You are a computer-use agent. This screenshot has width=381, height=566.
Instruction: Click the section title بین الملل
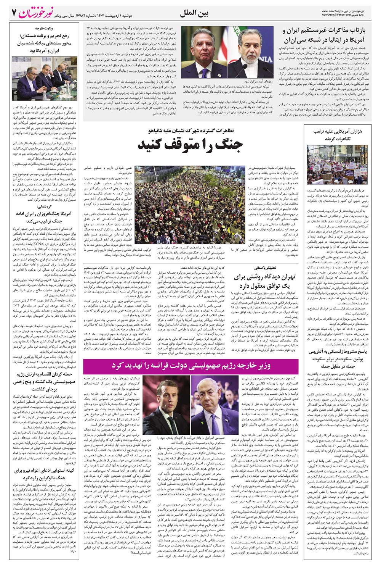point(196,13)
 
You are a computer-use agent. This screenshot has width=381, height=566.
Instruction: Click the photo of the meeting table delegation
point(45,78)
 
